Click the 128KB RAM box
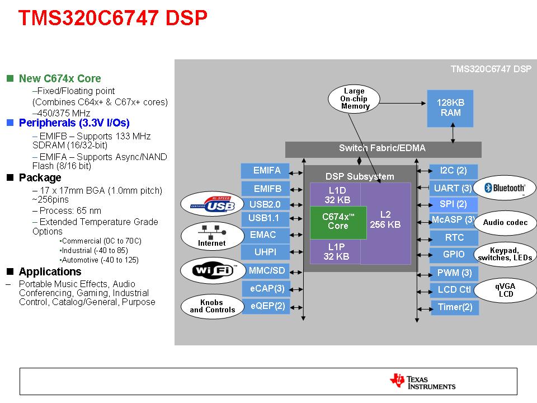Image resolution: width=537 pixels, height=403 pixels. pyautogui.click(x=450, y=107)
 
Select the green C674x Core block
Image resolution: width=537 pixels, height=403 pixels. pyautogui.click(x=338, y=222)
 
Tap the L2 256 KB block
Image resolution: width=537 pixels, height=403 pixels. pyautogui.click(x=385, y=220)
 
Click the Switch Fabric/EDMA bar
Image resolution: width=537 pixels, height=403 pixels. pyautogui.click(x=383, y=149)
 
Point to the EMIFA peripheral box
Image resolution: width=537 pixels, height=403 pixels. pyautogui.click(x=265, y=171)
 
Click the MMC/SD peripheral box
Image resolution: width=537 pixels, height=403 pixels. pyautogui.click(x=266, y=271)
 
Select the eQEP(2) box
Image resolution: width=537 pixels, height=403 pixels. pyautogui.click(x=266, y=306)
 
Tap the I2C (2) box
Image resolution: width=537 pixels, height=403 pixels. pyautogui.click(x=453, y=171)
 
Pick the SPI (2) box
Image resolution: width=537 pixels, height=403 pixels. pyautogui.click(x=453, y=204)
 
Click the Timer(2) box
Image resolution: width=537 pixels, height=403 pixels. pyautogui.click(x=454, y=307)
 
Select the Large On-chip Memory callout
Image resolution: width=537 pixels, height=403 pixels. pyautogui.click(x=354, y=99)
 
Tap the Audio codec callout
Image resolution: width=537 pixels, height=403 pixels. pyautogui.click(x=505, y=222)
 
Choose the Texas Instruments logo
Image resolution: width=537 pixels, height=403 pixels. pyautogui.click(x=423, y=381)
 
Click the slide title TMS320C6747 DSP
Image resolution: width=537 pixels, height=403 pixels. pyautogui.click(x=112, y=18)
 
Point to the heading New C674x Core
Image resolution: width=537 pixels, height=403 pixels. pyautogui.click(x=60, y=79)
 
